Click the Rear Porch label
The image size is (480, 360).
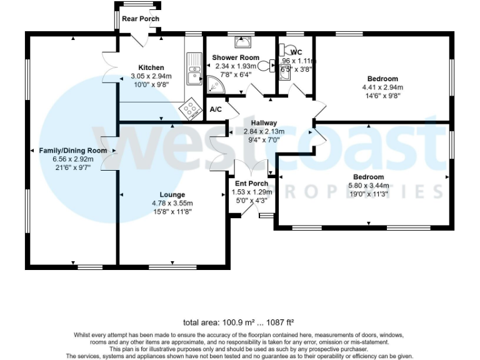141,19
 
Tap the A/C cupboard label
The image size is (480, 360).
216,109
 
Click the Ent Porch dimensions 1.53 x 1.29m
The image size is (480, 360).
251,192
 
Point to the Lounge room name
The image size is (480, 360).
172,194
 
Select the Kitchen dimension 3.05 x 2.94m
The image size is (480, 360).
151,76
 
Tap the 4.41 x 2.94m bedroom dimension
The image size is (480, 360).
382,87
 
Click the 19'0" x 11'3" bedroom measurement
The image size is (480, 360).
368,194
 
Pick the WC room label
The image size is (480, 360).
296,52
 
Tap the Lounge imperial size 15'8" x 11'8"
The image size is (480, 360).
172,212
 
